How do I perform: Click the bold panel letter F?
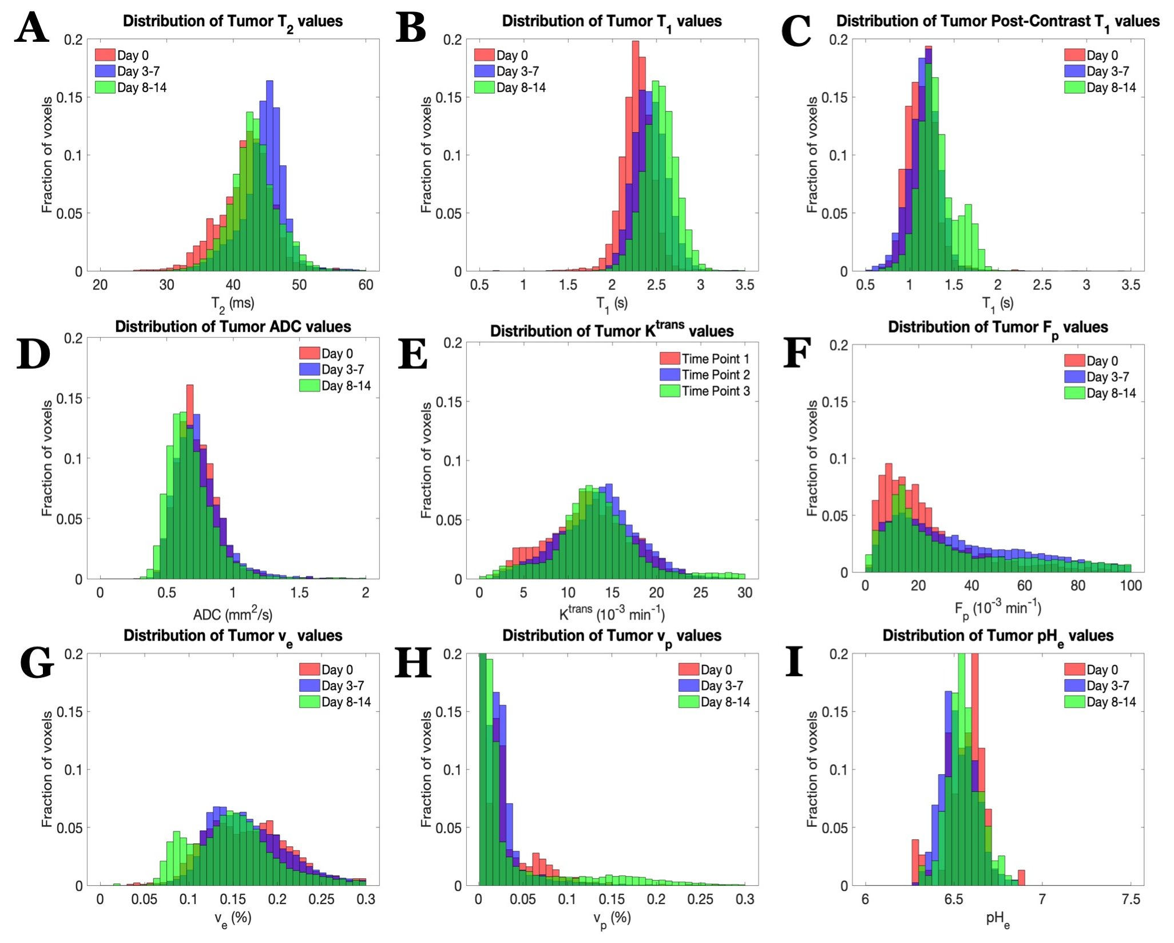(x=797, y=354)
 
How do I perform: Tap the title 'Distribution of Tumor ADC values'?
(x=233, y=327)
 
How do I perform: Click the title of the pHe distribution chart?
(x=998, y=636)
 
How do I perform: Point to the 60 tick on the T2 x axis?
(x=366, y=285)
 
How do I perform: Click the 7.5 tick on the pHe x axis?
(x=1131, y=899)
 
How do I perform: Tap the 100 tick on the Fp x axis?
(x=1131, y=585)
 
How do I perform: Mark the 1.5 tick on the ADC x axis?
(x=299, y=592)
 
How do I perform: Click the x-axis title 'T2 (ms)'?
(x=233, y=304)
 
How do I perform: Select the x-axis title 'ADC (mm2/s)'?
(x=233, y=615)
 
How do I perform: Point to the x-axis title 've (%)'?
(x=233, y=918)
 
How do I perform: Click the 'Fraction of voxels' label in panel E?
(x=426, y=460)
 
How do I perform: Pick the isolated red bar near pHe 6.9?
(x=1021, y=878)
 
